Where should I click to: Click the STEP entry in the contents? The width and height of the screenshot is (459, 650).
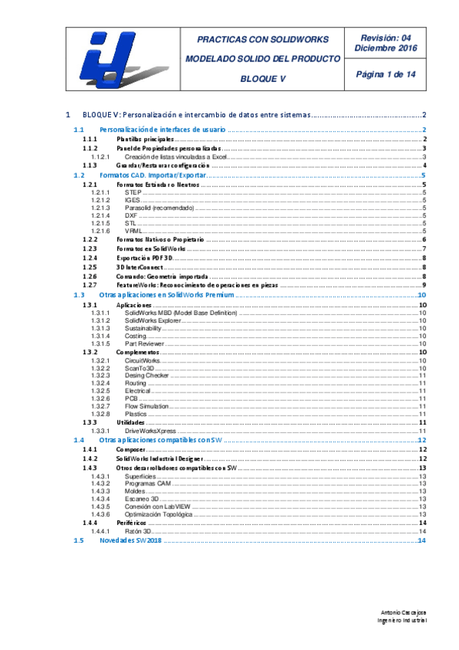[133, 192]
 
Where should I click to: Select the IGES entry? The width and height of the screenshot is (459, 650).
[133, 200]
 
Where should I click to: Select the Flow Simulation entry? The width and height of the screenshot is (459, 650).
[147, 406]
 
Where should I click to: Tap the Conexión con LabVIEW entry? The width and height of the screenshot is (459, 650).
[158, 506]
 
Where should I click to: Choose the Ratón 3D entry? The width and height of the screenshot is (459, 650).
[139, 531]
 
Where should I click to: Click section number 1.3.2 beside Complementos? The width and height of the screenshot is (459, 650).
[90, 352]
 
